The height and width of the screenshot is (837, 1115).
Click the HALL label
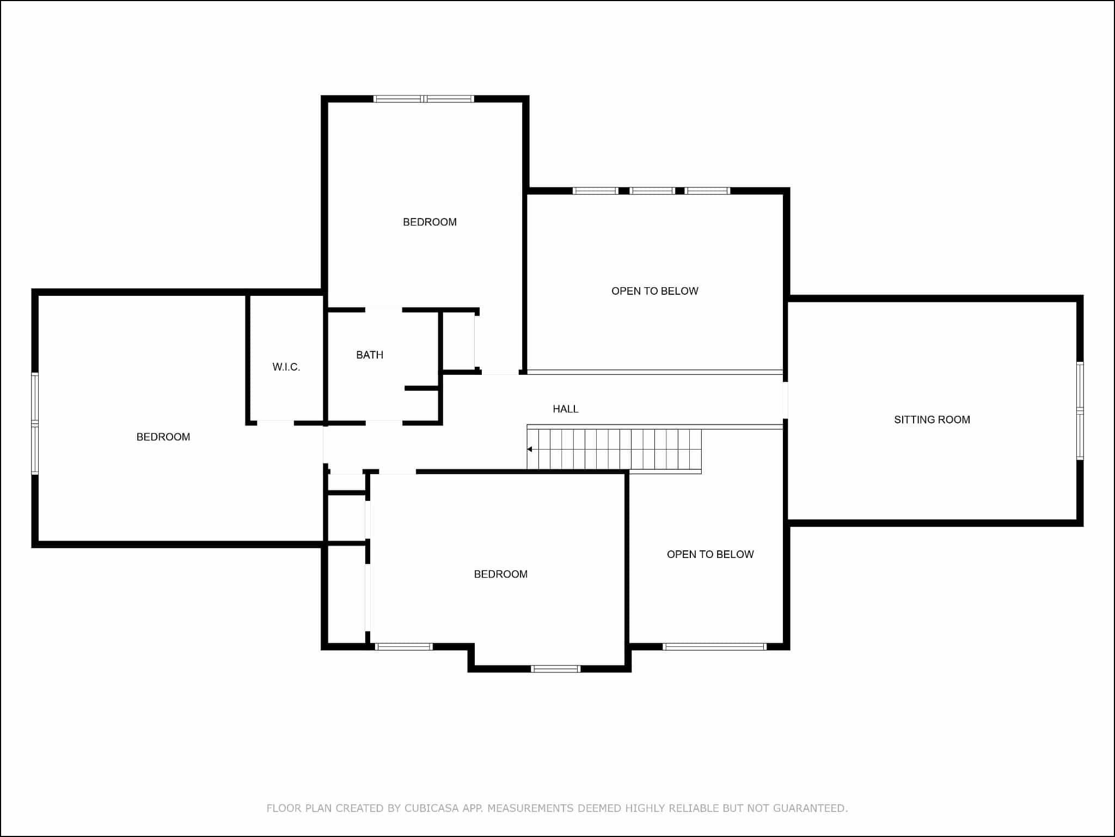[x=565, y=409]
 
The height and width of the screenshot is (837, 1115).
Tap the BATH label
[x=370, y=355]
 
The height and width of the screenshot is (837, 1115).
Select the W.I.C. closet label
[x=286, y=367]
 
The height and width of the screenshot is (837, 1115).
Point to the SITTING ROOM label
[x=932, y=420]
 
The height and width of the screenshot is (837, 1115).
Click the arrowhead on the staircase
[x=529, y=449]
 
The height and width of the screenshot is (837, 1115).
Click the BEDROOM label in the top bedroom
[x=430, y=222]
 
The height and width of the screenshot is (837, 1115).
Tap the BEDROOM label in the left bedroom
[x=163, y=437]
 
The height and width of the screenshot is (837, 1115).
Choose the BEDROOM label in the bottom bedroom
[x=501, y=574]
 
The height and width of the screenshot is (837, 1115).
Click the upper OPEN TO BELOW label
[x=655, y=291]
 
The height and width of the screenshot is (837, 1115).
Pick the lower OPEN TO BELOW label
[x=710, y=554]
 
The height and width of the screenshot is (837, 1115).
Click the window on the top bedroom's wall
[x=424, y=99]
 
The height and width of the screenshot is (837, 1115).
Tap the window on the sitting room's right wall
[x=1080, y=411]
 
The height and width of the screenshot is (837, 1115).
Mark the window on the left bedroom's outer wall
[x=35, y=423]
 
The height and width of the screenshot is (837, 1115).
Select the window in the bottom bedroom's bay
[x=556, y=669]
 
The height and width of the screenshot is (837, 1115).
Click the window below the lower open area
[x=715, y=647]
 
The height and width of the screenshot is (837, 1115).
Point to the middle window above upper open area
[x=652, y=191]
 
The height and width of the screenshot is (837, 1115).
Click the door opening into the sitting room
[x=785, y=400]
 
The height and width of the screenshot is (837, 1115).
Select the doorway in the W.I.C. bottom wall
[x=275, y=423]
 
